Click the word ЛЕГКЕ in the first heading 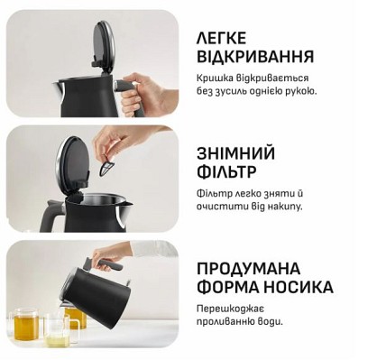tap(221, 38)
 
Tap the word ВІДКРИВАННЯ tap(255, 57)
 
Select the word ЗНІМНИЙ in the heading tap(235, 153)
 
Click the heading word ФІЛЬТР tap(226, 171)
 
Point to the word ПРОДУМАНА tap(248, 269)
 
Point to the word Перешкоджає tap(230, 309)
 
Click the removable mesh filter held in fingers tap(108, 165)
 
